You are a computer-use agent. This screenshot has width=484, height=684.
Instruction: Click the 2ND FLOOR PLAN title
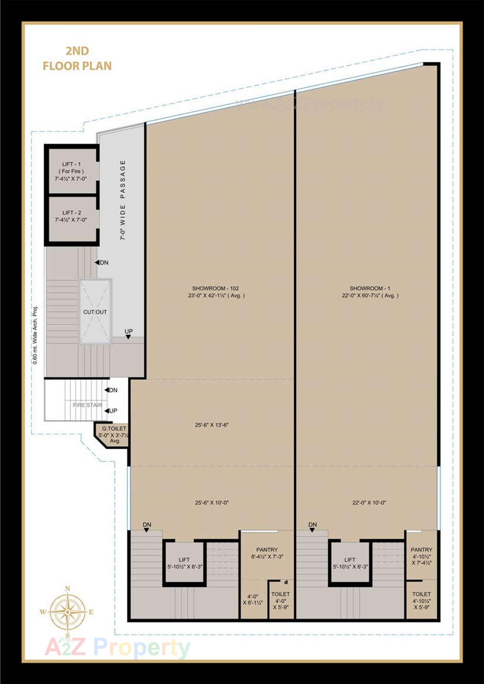tap(77, 59)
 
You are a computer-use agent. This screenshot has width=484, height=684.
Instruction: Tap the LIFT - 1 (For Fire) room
tap(71, 171)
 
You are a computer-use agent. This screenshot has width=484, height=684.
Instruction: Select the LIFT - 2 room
tap(71, 216)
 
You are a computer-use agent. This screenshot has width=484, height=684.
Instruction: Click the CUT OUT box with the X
tap(95, 312)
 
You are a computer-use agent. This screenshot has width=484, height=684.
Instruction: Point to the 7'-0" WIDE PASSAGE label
tap(123, 200)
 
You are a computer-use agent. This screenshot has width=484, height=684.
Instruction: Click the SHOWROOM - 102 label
tap(216, 292)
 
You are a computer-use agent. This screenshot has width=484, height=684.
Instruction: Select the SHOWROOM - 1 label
tap(370, 292)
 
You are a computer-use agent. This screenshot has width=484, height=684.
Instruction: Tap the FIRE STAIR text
tap(87, 405)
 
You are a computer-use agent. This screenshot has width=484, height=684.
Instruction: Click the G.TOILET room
tap(114, 435)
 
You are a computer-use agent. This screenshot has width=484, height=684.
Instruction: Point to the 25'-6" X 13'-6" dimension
tap(212, 425)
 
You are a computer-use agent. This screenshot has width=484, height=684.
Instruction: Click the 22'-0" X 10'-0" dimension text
tap(369, 503)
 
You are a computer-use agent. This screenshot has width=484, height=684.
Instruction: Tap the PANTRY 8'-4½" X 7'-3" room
tap(267, 553)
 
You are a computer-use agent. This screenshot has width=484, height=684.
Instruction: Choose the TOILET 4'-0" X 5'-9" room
tap(280, 601)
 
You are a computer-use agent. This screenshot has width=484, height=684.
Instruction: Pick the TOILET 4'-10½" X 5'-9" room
tap(421, 601)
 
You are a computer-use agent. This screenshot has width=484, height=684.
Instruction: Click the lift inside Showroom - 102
tap(184, 563)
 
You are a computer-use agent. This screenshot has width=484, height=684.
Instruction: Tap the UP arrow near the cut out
tap(128, 337)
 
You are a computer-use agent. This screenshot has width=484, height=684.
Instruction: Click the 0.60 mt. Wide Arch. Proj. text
tap(35, 335)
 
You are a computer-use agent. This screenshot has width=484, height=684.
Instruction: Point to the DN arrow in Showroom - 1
tap(312, 530)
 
